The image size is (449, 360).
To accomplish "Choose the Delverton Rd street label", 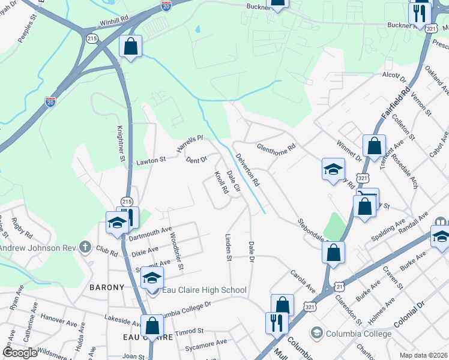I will (x=247, y=170).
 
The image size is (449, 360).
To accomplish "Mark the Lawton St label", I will (x=150, y=161).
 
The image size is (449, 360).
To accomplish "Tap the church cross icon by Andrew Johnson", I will (x=85, y=247).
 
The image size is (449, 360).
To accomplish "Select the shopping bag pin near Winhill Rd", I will (x=130, y=47).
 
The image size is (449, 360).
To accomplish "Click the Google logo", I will (x=20, y=352).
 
